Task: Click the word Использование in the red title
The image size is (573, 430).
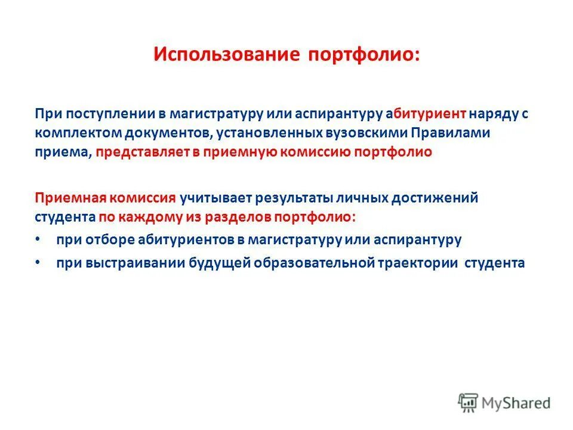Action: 226,54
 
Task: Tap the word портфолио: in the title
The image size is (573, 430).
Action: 364,54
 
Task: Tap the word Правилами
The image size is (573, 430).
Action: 455,133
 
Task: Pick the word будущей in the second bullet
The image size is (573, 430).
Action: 221,263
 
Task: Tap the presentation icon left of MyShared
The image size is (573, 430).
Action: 469,403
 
